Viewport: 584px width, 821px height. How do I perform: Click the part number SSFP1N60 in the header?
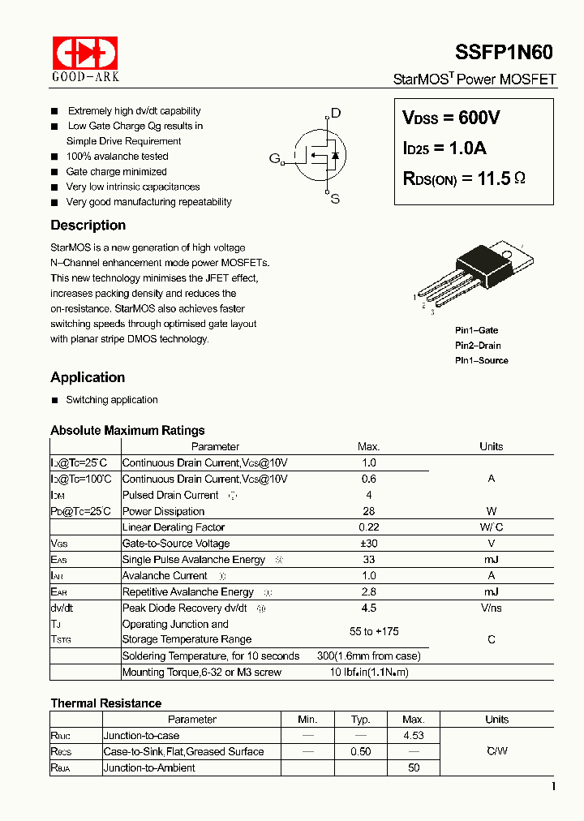[x=505, y=53]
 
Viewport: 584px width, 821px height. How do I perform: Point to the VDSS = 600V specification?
[x=451, y=118]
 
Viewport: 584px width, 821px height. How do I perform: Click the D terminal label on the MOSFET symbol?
[x=335, y=114]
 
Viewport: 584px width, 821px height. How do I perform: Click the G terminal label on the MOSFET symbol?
[x=274, y=157]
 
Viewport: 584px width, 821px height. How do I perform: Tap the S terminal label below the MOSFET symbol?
[x=335, y=199]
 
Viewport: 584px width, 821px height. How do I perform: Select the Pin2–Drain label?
[x=478, y=346]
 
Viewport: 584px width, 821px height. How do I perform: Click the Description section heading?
[x=88, y=226]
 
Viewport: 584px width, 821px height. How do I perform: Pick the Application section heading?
[x=88, y=377]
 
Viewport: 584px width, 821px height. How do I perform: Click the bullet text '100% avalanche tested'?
[x=117, y=157]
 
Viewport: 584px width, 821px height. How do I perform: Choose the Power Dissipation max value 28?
[x=368, y=511]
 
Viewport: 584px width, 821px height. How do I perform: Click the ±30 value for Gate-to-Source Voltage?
[x=368, y=544]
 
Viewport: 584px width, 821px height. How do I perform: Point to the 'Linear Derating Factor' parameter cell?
[x=174, y=527]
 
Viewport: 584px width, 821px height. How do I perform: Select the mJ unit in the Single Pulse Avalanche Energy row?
[x=491, y=560]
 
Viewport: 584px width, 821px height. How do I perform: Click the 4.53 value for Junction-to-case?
[x=414, y=736]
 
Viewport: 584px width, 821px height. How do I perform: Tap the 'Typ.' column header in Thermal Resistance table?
[x=360, y=720]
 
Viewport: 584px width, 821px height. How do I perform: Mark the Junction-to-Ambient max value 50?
[x=414, y=767]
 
